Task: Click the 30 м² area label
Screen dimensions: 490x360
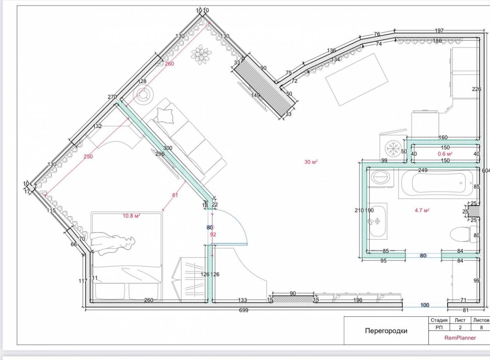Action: [311, 162]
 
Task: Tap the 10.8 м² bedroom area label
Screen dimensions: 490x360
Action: [131, 216]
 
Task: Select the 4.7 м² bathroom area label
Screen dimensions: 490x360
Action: [422, 210]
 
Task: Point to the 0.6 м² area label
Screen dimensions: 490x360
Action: [445, 154]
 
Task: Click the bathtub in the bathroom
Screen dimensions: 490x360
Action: [438, 183]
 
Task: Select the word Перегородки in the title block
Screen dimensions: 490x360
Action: [386, 331]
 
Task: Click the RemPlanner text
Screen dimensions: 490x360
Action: [460, 338]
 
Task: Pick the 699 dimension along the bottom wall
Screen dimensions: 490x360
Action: [244, 310]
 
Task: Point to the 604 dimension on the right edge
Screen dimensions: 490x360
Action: [486, 170]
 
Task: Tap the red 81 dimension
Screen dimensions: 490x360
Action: [175, 195]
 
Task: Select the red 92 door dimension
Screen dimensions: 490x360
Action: [213, 235]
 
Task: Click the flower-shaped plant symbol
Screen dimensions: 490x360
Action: [201, 54]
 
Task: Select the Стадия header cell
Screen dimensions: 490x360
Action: [439, 320]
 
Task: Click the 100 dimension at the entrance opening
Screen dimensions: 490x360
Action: [425, 305]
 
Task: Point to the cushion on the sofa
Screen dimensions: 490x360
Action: [165, 115]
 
